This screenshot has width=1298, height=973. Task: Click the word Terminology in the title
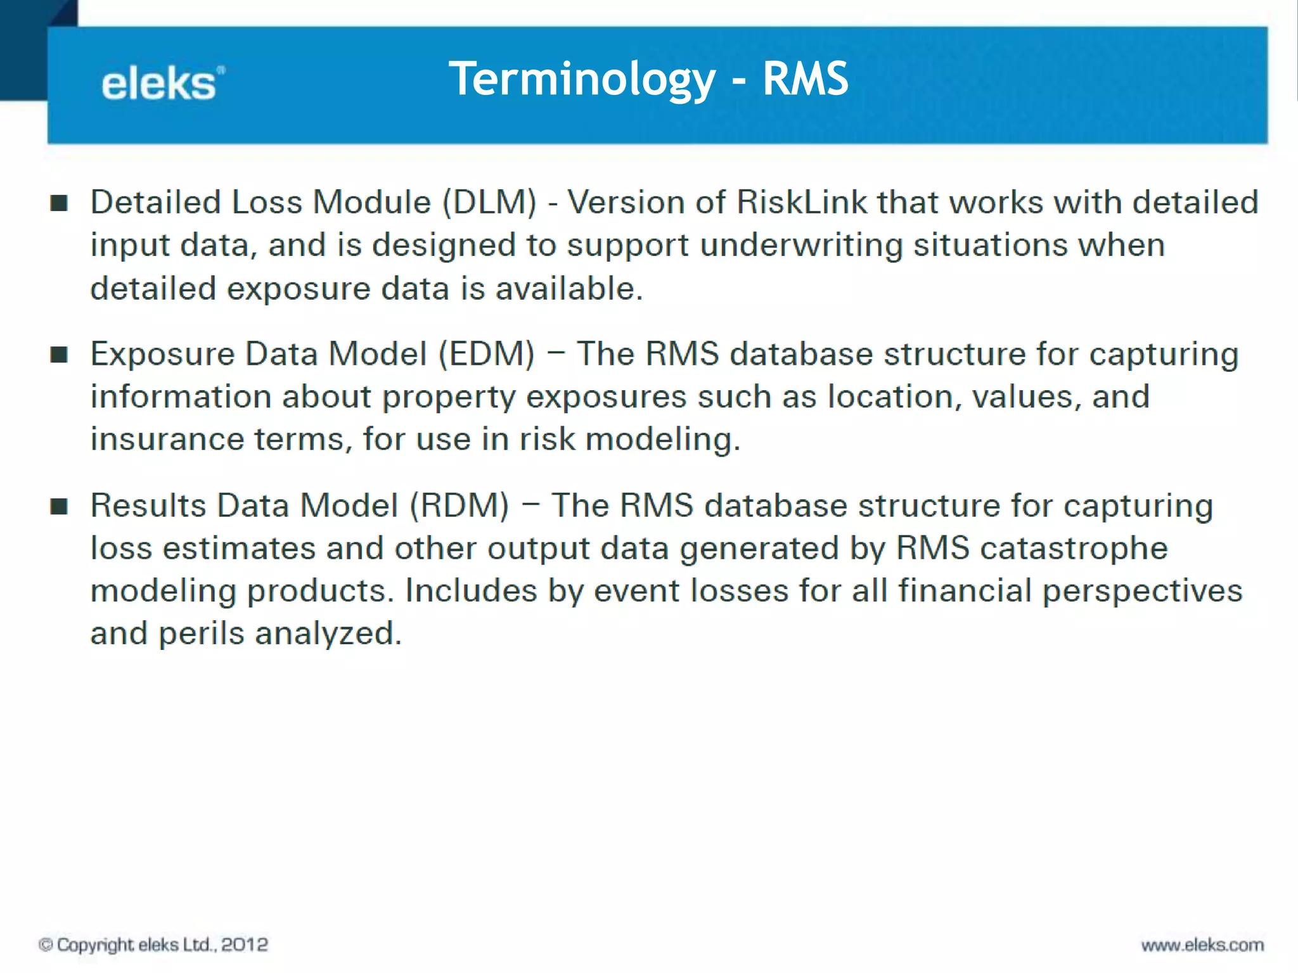click(582, 80)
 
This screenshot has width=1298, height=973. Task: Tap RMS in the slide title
click(805, 80)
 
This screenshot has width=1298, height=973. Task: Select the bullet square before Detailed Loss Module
click(59, 203)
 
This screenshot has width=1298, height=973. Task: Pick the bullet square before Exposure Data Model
click(59, 355)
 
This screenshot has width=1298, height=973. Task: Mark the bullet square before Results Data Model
click(59, 506)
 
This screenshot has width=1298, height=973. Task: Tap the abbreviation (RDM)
click(459, 506)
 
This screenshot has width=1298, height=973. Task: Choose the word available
click(569, 289)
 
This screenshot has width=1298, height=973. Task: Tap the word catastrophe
click(1073, 549)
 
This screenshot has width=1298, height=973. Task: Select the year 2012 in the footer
click(245, 944)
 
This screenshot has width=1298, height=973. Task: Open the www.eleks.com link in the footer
click(1202, 945)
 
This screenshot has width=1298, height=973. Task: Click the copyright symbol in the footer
click(46, 944)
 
